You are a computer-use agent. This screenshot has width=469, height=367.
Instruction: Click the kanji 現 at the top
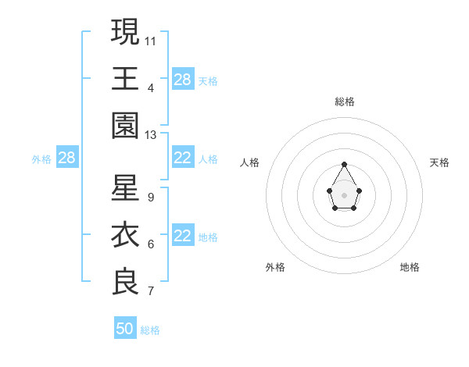pos(126,32)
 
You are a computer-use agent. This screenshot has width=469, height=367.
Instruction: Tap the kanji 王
pos(126,79)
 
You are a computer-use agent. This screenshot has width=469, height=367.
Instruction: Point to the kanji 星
pos(126,188)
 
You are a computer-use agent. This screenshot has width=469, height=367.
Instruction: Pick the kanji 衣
pos(126,235)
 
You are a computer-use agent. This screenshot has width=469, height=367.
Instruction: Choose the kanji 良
pos(126,282)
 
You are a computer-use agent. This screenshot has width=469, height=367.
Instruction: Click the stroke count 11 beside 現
pos(151,41)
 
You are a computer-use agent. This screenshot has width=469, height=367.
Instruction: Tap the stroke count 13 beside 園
pos(151,135)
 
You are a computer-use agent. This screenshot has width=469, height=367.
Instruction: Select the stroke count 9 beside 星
pos(150,197)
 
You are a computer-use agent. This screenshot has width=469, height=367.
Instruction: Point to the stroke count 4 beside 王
pos(150,87)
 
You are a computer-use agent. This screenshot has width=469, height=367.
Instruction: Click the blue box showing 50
pos(125,329)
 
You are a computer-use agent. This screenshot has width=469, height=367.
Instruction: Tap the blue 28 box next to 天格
pos(182,80)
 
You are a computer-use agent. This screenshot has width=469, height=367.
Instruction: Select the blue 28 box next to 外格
pos(66,159)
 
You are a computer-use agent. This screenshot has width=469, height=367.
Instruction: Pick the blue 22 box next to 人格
pos(182,159)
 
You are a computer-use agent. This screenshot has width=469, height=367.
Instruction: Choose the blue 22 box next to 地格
pos(182,237)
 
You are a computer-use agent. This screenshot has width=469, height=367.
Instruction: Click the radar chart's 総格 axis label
pos(345,102)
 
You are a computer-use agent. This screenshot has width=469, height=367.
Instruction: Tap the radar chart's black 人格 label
pos(250,162)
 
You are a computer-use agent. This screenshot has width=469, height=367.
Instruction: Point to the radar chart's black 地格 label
pos(410,267)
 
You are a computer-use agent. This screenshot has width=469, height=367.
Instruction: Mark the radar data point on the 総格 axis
pos(345,164)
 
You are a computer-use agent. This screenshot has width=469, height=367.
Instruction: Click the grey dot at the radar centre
pos(345,194)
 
